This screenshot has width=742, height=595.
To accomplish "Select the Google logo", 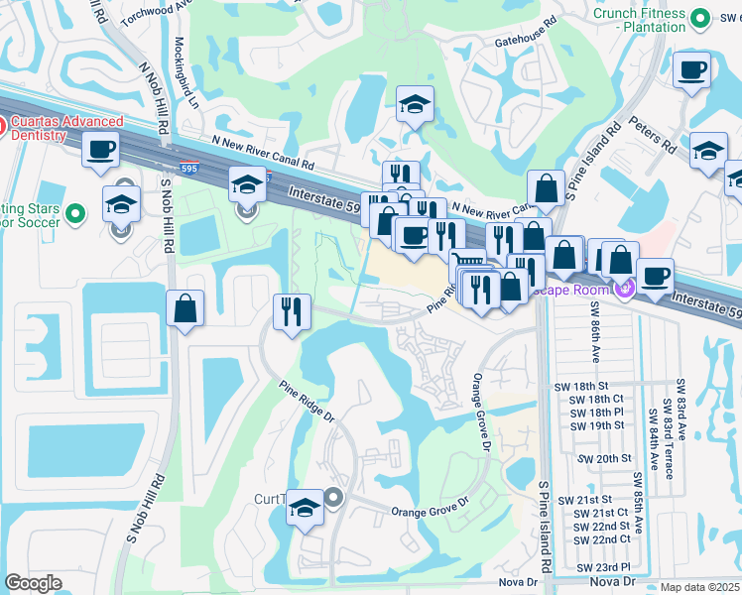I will tap(33, 583).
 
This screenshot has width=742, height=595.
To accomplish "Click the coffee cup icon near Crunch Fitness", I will tap(691, 70).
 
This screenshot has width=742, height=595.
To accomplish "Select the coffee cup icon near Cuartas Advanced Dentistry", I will tap(101, 151).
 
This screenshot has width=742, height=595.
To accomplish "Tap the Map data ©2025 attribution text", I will tap(698, 587).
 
